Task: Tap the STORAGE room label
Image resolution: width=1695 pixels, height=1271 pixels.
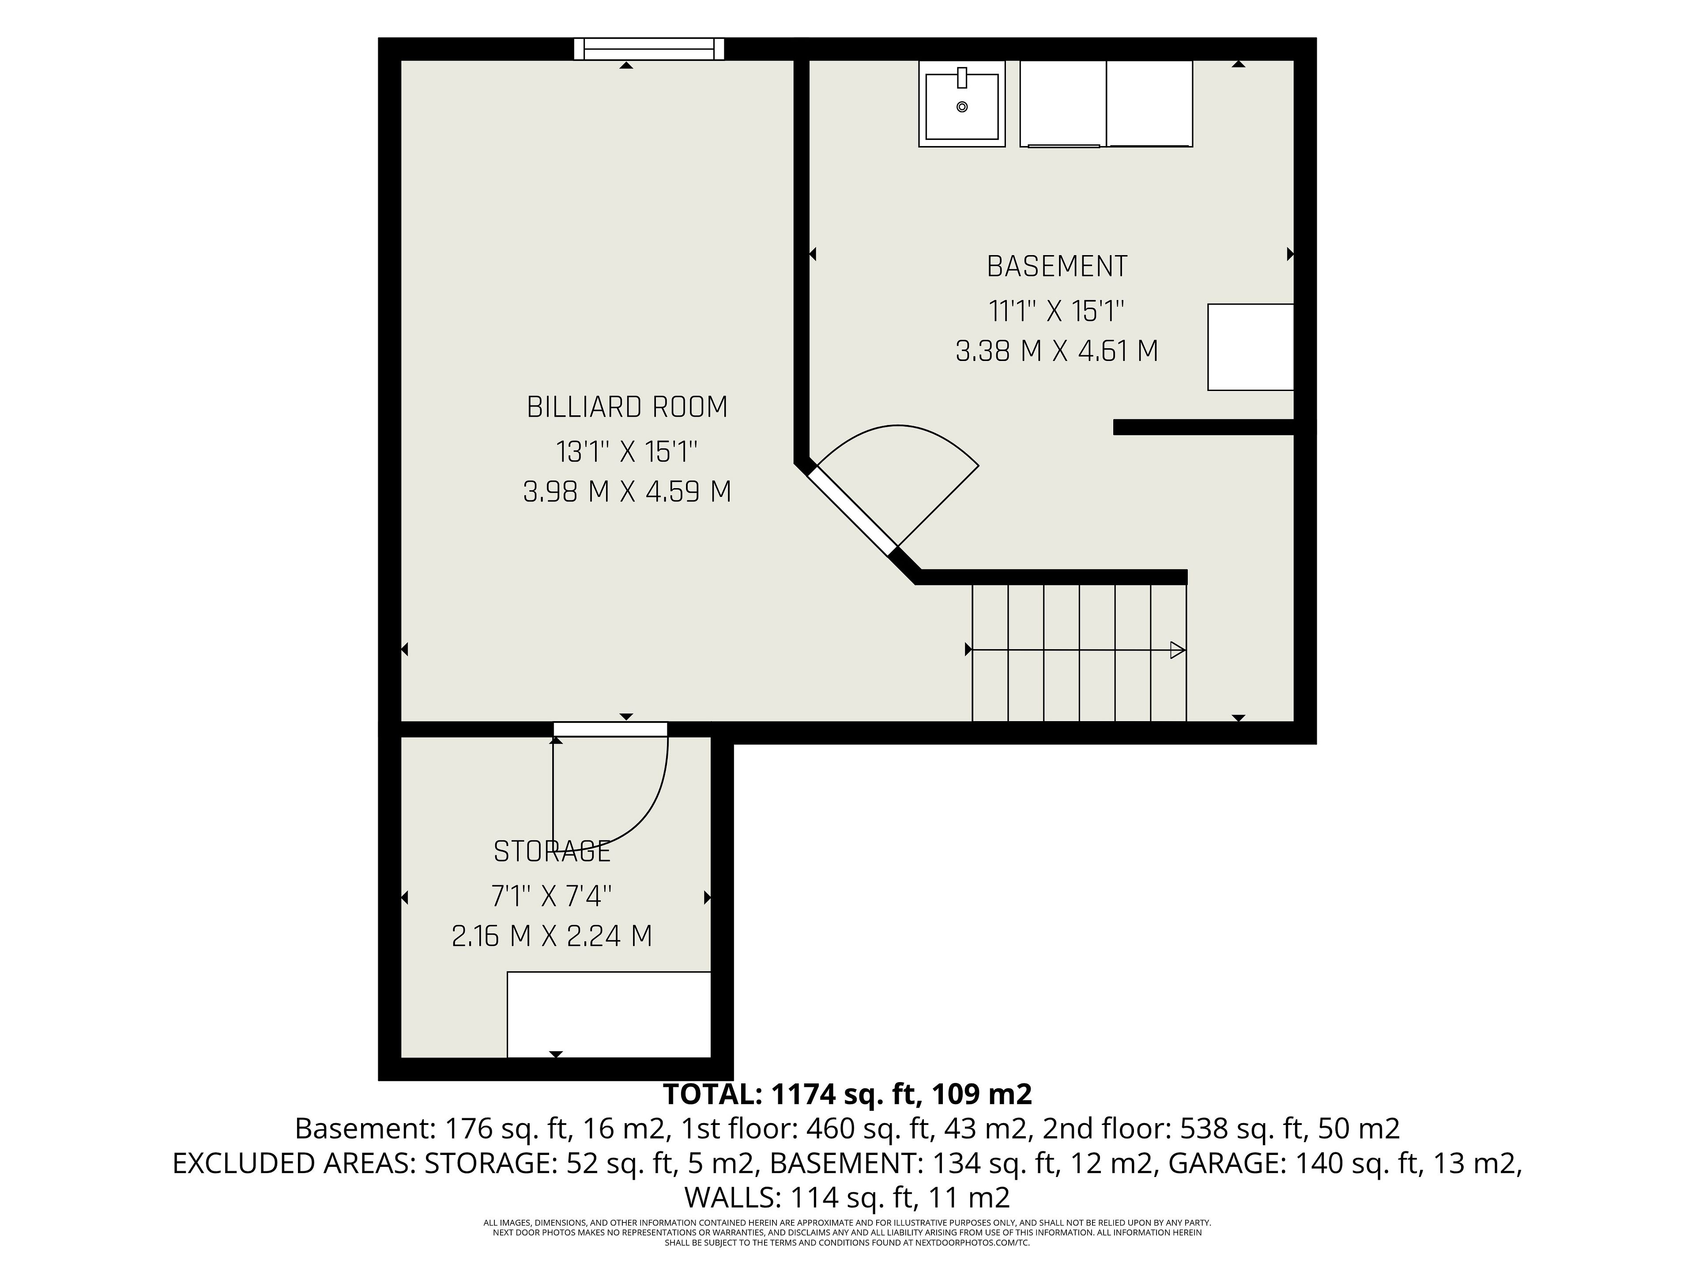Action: pyautogui.click(x=552, y=851)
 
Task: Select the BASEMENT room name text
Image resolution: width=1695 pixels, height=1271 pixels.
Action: pyautogui.click(x=1057, y=267)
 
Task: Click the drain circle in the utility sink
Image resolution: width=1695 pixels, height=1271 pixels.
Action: pyautogui.click(x=962, y=107)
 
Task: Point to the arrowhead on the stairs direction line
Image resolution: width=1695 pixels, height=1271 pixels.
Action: pyautogui.click(x=1178, y=651)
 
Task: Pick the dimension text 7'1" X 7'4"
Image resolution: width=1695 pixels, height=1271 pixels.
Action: pyautogui.click(x=552, y=895)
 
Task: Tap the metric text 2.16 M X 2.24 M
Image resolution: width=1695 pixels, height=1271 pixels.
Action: pyautogui.click(x=552, y=936)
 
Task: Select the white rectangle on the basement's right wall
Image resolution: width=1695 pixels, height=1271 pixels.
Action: pyautogui.click(x=1251, y=347)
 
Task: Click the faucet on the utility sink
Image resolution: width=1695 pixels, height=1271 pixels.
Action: pyautogui.click(x=962, y=77)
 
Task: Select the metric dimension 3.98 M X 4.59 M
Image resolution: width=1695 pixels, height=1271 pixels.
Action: pyautogui.click(x=627, y=492)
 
